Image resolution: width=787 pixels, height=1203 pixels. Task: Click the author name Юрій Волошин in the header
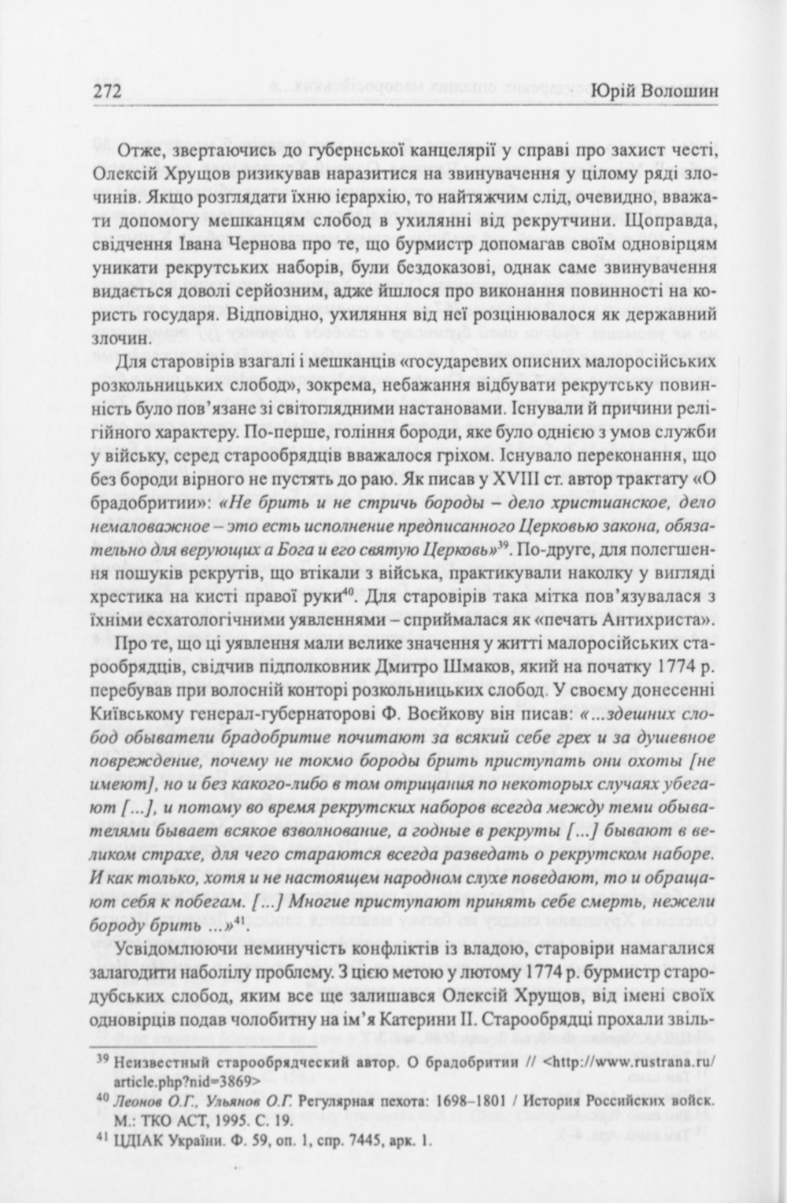[x=658, y=92]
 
